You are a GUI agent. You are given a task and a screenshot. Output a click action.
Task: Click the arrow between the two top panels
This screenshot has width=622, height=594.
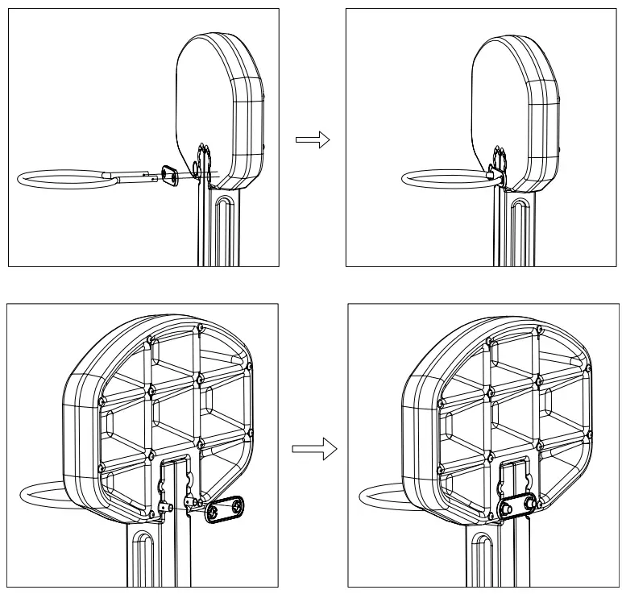(313, 140)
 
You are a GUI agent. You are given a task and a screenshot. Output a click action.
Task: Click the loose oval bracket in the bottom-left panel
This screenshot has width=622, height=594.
(226, 510)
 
